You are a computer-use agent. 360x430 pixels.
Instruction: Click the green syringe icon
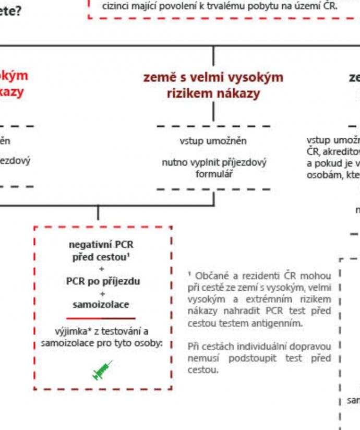pyautogui.click(x=103, y=370)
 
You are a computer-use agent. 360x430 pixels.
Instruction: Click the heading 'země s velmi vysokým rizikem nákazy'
pyautogui.click(x=213, y=85)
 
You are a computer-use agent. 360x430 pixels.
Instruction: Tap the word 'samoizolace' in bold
pyautogui.click(x=101, y=305)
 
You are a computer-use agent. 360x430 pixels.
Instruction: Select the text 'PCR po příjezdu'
pyautogui.click(x=103, y=281)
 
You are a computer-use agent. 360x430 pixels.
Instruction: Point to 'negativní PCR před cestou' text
pyautogui.click(x=101, y=250)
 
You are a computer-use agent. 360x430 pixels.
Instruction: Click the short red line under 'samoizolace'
pyautogui.click(x=101, y=318)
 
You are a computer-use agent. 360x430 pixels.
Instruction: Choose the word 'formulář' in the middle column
pyautogui.click(x=214, y=174)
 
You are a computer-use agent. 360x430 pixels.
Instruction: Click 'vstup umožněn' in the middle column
pyautogui.click(x=213, y=141)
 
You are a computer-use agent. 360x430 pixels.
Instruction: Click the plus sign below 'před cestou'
pyautogui.click(x=102, y=269)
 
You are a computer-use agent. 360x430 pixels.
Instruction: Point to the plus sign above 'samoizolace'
pyautogui.click(x=102, y=293)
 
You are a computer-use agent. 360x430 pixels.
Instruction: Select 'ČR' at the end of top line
pyautogui.click(x=330, y=7)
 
